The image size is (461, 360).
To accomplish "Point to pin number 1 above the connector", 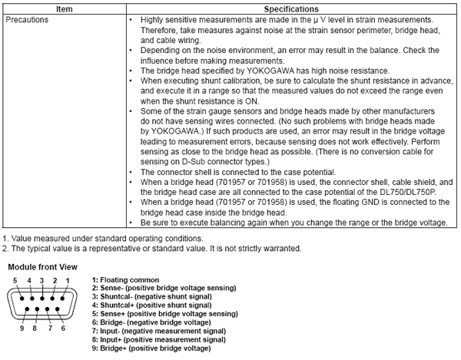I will click(68, 280).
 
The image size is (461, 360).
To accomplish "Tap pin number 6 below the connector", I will click(62, 328).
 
